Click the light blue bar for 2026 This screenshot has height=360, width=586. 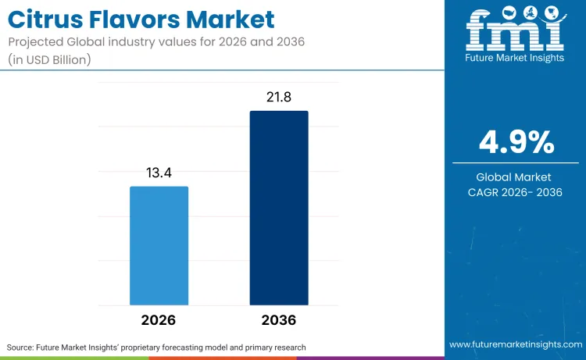[159, 245]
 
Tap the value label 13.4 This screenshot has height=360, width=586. [159, 173]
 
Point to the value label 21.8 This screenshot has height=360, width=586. [279, 97]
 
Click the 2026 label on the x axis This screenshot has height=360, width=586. [159, 320]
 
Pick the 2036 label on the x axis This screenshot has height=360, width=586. [279, 320]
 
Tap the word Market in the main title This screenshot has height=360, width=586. [235, 19]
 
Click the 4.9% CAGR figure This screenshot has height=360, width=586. [516, 143]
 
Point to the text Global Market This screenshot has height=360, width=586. [516, 177]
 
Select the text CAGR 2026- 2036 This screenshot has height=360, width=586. [516, 193]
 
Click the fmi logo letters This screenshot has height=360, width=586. [515, 30]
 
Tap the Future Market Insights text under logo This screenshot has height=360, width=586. [515, 58]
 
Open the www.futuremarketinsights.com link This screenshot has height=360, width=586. [515, 344]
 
